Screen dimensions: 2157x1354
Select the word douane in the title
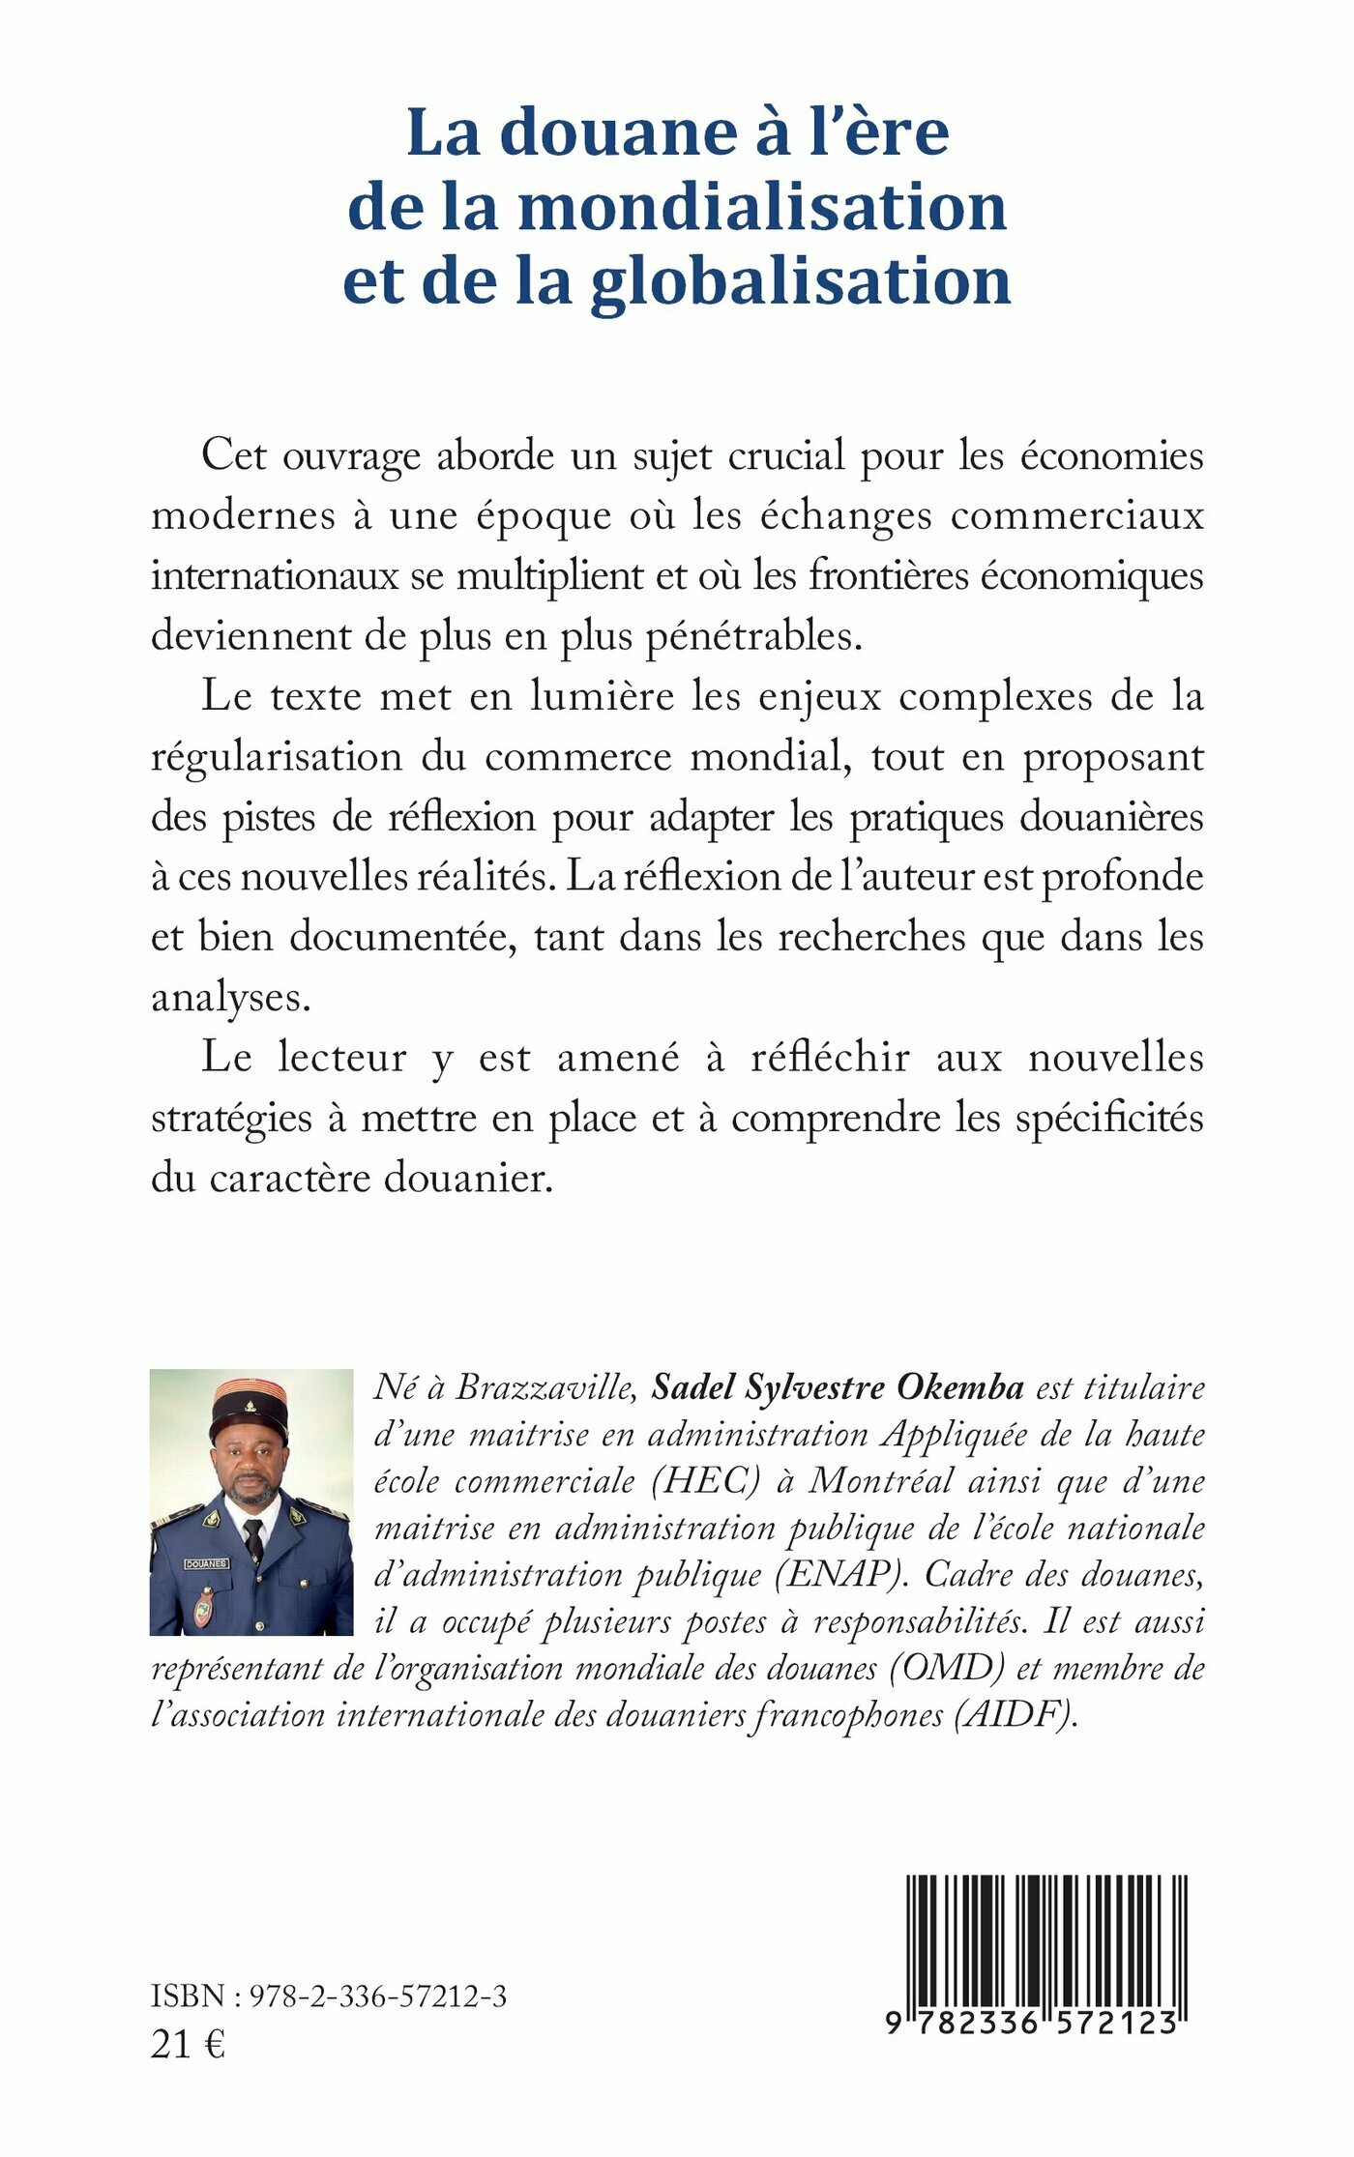coord(616,132)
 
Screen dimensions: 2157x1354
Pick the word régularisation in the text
coord(277,757)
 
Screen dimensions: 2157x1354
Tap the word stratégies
coord(232,1119)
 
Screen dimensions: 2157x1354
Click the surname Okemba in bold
coord(960,1387)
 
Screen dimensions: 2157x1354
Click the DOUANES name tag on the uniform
coord(206,1562)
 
